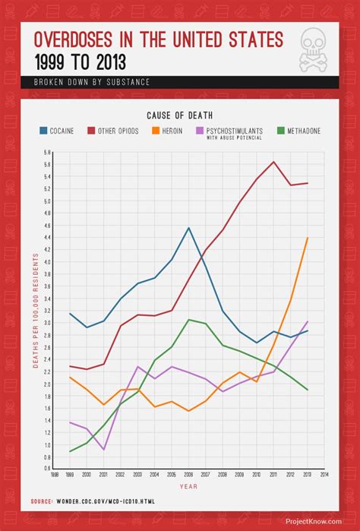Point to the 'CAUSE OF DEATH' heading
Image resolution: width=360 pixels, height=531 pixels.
tap(179, 115)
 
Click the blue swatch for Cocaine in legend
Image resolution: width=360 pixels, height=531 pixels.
tap(43, 131)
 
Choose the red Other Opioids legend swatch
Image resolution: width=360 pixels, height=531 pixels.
tap(92, 131)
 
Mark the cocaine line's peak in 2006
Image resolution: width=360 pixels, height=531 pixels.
tap(188, 228)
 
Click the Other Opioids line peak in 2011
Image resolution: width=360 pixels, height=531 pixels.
tap(274, 162)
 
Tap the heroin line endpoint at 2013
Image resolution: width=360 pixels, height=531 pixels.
tap(308, 238)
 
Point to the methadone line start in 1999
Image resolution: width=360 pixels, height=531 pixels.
tap(71, 451)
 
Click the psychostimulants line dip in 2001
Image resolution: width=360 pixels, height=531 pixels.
tap(104, 450)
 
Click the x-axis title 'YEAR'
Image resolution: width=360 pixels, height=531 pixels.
tap(188, 485)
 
